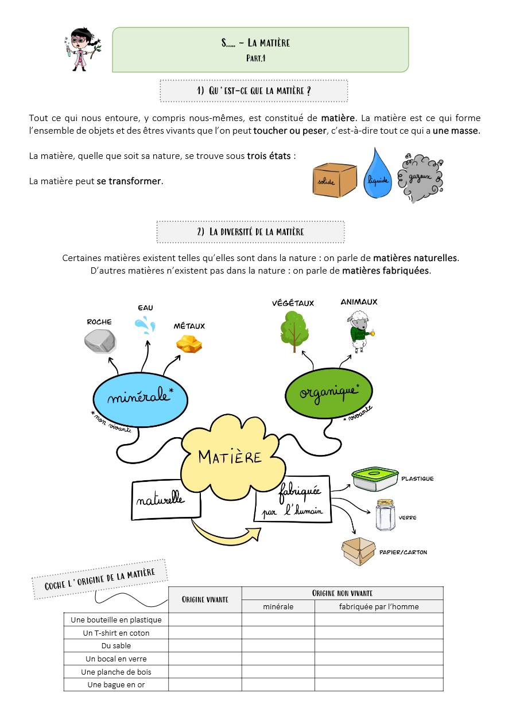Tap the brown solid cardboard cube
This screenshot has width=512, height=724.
(335, 180)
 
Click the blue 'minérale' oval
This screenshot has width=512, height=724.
(140, 396)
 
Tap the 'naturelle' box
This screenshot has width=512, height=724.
(166, 499)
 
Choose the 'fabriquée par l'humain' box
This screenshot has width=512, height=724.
(293, 499)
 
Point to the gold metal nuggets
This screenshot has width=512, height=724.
(189, 344)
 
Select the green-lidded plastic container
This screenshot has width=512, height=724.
(375, 479)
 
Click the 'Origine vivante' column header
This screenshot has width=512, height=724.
(205, 600)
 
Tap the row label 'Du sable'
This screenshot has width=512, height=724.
(116, 646)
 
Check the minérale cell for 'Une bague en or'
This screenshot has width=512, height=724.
(278, 685)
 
